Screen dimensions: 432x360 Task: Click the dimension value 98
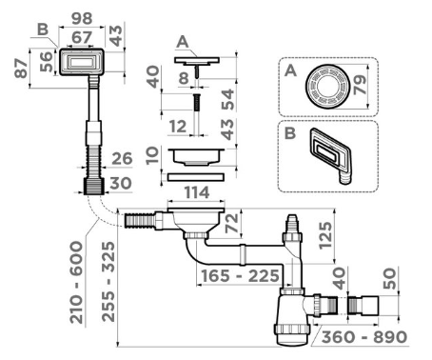coord(82,19)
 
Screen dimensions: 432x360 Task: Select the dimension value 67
coord(82,37)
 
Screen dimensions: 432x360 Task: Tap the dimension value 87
coord(21,69)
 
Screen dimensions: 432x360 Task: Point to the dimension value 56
coord(46,62)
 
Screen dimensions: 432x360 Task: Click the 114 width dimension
coord(197,192)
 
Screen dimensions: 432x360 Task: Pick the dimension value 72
coord(231,223)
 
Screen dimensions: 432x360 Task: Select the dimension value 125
coord(325,235)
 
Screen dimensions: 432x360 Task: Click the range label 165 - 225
coord(240,276)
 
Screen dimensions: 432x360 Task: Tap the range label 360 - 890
coord(364,337)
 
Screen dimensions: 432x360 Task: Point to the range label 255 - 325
coord(108,282)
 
